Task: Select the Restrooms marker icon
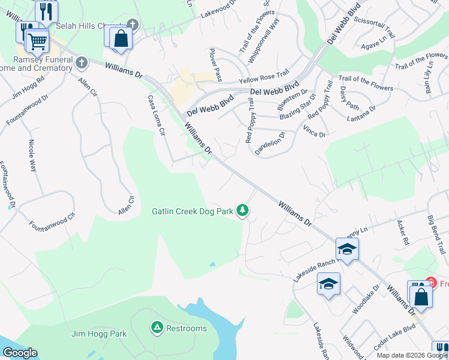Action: pyautogui.click(x=157, y=328)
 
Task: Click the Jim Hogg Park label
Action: pyautogui.click(x=99, y=334)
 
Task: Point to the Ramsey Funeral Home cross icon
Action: pyautogui.click(x=81, y=62)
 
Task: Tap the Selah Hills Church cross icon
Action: pyautogui.click(x=133, y=26)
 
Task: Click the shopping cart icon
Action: pyautogui.click(x=37, y=41)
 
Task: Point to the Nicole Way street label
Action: pyautogui.click(x=32, y=155)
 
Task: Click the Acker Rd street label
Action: pyautogui.click(x=403, y=233)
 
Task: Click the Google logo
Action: pyautogui.click(x=20, y=353)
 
